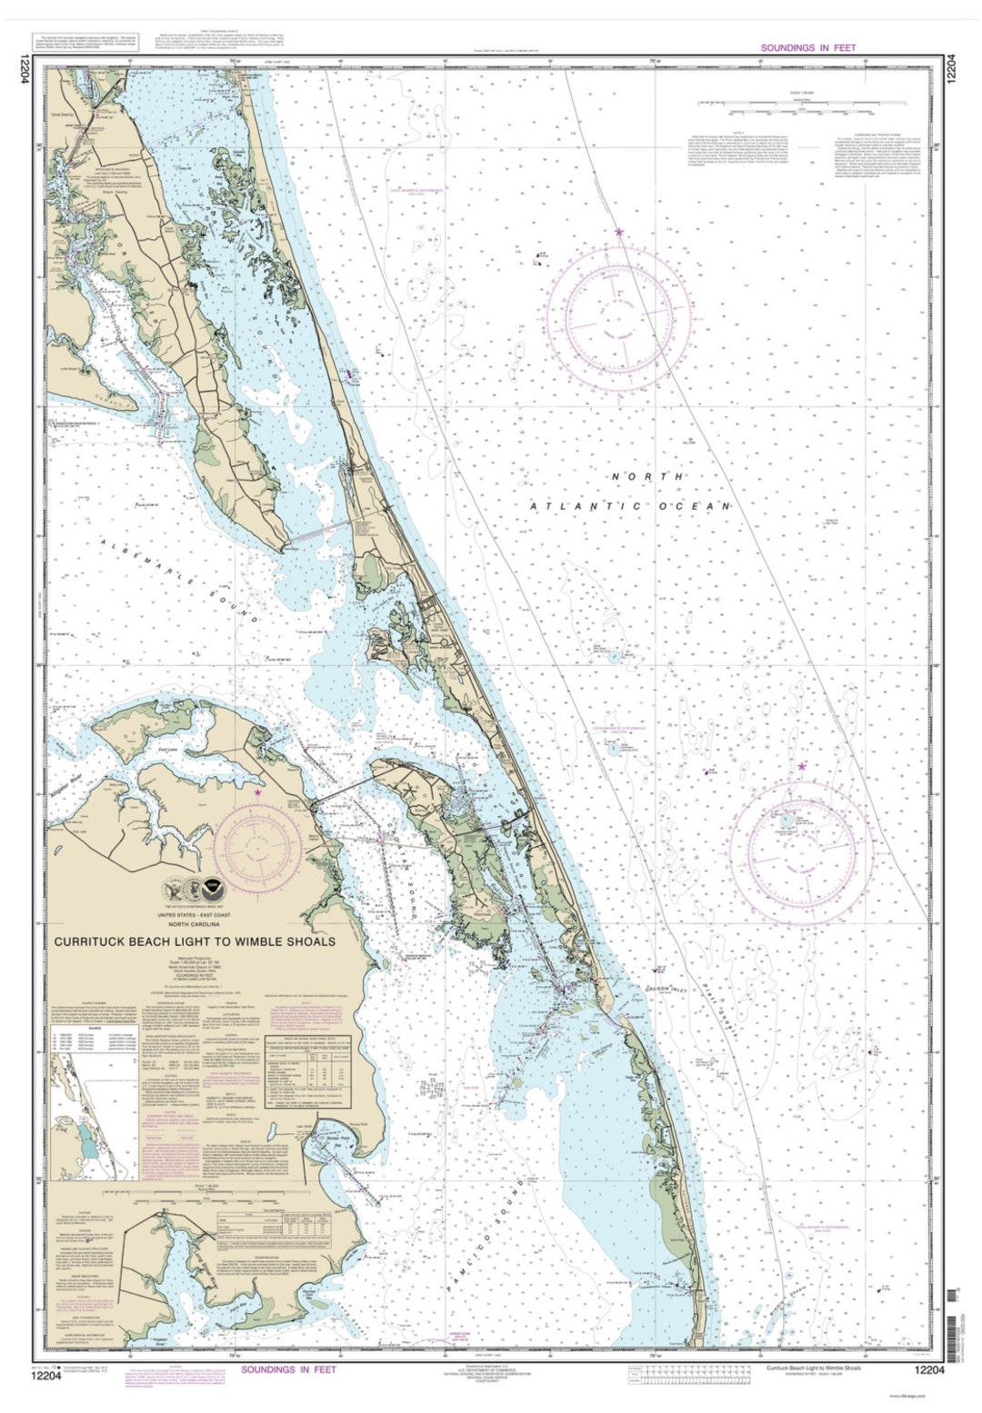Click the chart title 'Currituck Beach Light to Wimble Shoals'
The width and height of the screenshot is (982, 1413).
point(195,941)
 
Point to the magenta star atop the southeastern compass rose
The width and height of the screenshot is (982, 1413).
point(802,767)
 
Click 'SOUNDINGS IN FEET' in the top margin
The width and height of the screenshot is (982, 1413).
point(807,47)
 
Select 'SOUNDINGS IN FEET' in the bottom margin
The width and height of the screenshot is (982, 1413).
point(288,1369)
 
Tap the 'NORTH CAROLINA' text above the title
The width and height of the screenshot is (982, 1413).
point(195,924)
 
